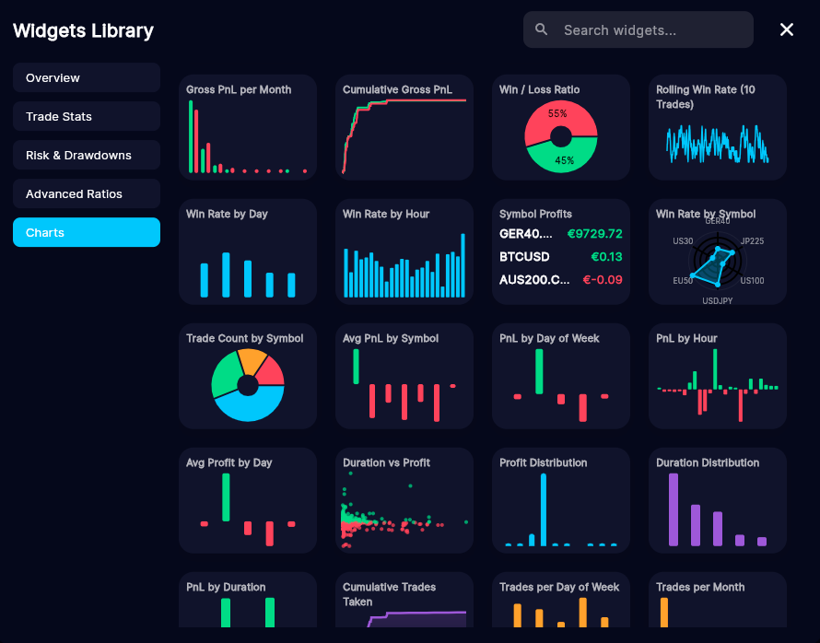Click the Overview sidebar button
pyautogui.click(x=86, y=77)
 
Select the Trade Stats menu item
pyautogui.click(x=86, y=116)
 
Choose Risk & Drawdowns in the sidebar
pyautogui.click(x=86, y=155)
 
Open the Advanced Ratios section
pyautogui.click(x=86, y=193)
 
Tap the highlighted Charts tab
pyautogui.click(x=86, y=232)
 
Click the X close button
pyautogui.click(x=787, y=29)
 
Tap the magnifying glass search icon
pyautogui.click(x=542, y=29)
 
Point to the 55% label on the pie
pyautogui.click(x=557, y=114)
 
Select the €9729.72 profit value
pyautogui.click(x=594, y=233)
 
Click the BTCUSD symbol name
pyautogui.click(x=524, y=256)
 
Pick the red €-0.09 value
pyautogui.click(x=603, y=279)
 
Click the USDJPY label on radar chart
pyautogui.click(x=717, y=300)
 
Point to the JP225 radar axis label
pyautogui.click(x=752, y=241)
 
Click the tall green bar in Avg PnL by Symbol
pyautogui.click(x=356, y=367)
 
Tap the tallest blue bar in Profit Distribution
pyautogui.click(x=544, y=509)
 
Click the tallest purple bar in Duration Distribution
pyautogui.click(x=674, y=509)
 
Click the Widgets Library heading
pyautogui.click(x=83, y=30)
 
